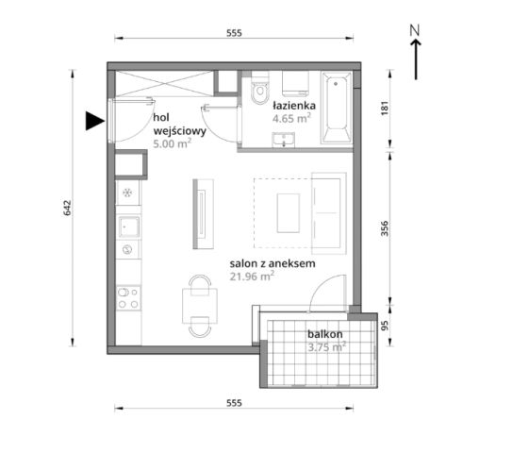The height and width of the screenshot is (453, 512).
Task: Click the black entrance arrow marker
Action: coord(94,121)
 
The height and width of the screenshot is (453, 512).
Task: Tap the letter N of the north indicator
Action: coord(415,30)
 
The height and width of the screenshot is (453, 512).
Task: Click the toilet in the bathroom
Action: coord(260,90)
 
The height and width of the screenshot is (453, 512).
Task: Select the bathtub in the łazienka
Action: coord(337,107)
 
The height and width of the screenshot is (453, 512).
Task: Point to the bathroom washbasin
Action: coord(284,140)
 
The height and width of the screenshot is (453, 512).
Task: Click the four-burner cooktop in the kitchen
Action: coord(128,297)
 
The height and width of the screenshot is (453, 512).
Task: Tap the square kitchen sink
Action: coord(129,226)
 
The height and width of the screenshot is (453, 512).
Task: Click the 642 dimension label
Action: coord(67,208)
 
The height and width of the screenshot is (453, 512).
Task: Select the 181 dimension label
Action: coord(385,108)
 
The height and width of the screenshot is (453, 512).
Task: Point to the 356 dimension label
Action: coord(385,228)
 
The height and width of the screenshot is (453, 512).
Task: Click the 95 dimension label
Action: coord(386,326)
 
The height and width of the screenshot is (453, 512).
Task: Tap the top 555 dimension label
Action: coord(234,33)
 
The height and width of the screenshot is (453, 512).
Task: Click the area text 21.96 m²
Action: coord(252,277)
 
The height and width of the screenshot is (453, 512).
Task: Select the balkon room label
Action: coord(325,334)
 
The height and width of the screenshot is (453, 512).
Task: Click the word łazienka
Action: coord(294,106)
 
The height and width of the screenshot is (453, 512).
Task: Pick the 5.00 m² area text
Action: coord(173,143)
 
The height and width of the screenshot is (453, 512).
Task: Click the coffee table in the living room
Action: coord(289,213)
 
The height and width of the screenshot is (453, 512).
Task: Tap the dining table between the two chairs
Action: coord(200,306)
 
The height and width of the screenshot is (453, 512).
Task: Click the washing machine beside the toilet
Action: coord(295,84)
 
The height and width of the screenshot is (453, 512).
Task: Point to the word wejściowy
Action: coord(179,131)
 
